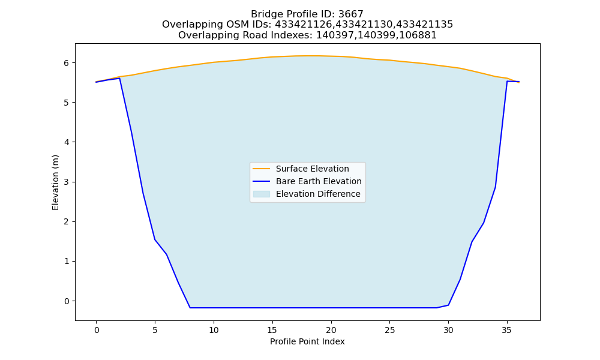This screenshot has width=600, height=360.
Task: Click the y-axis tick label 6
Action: [x=67, y=63]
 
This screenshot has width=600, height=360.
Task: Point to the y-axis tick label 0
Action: [x=67, y=301]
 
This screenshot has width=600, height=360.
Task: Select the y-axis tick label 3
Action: [x=67, y=182]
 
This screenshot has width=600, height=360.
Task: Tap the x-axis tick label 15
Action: [x=272, y=330]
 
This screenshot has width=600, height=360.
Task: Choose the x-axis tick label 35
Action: [x=507, y=330]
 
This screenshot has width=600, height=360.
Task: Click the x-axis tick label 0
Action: [x=97, y=330]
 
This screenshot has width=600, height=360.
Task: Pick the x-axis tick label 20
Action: [x=331, y=330]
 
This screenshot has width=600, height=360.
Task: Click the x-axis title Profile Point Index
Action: [x=307, y=341]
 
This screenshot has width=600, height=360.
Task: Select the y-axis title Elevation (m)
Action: [x=55, y=182]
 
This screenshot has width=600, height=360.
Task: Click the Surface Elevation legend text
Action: [x=312, y=169]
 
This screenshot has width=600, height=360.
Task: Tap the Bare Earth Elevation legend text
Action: [x=319, y=181]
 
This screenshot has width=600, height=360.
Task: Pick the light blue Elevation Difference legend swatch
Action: [x=262, y=194]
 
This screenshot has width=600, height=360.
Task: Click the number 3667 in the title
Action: [x=351, y=14]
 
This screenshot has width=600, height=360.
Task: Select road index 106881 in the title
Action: [x=419, y=35]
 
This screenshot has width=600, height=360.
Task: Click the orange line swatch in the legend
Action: [x=262, y=169]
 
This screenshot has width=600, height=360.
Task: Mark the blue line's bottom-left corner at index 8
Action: [x=190, y=308]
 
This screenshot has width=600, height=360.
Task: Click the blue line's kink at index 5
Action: [x=155, y=239]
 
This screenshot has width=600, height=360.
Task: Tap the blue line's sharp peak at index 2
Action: [x=120, y=78]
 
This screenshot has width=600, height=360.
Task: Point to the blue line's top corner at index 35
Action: [x=507, y=81]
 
